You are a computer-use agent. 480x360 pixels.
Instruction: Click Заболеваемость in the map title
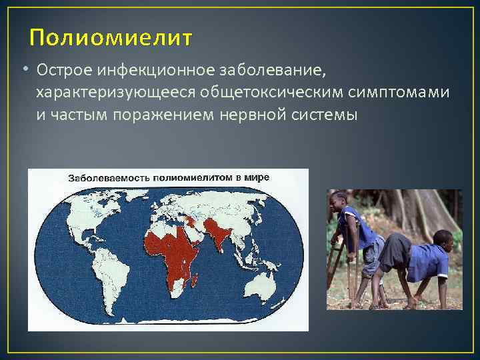[x=109, y=178]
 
